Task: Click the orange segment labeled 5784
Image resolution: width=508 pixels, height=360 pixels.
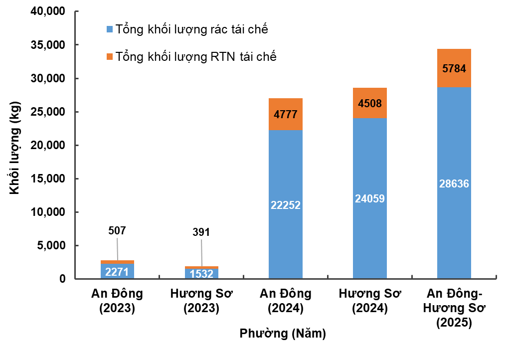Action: click(x=454, y=68)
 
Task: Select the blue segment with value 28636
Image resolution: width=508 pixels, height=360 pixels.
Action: click(x=454, y=183)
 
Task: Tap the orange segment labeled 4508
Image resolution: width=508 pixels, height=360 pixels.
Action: click(x=369, y=103)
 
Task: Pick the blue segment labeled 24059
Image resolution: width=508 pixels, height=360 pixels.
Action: click(x=369, y=198)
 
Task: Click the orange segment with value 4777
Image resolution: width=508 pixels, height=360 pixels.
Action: click(x=285, y=114)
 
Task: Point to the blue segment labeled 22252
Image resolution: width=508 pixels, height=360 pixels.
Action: click(x=285, y=204)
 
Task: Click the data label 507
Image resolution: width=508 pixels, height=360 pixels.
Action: click(x=117, y=231)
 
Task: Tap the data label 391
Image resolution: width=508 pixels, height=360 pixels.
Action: click(x=201, y=232)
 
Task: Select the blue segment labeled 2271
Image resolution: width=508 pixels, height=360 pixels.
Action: click(x=117, y=272)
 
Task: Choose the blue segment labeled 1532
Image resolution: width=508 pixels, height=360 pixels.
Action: click(x=201, y=274)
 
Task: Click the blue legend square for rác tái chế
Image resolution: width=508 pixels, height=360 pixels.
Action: click(x=110, y=29)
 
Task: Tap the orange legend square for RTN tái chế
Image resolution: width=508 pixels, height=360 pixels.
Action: click(x=110, y=56)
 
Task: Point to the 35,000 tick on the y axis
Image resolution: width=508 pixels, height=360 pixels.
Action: click(x=49, y=45)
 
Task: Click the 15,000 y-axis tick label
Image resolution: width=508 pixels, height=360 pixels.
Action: click(x=49, y=179)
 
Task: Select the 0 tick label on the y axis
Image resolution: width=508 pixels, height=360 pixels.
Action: click(x=63, y=279)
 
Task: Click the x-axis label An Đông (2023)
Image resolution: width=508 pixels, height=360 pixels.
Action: click(x=117, y=301)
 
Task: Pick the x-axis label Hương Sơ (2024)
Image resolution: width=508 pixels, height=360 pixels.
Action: click(x=369, y=301)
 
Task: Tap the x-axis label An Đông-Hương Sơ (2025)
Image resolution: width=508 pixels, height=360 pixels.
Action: click(x=454, y=308)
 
